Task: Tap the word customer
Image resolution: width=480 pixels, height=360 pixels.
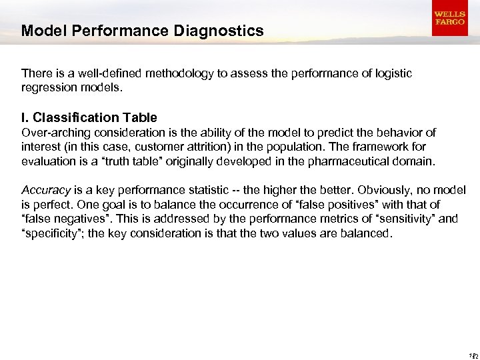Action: point(157,146)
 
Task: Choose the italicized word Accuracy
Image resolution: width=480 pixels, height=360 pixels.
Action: point(46,191)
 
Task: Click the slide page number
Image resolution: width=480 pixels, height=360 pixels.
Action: point(473,355)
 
